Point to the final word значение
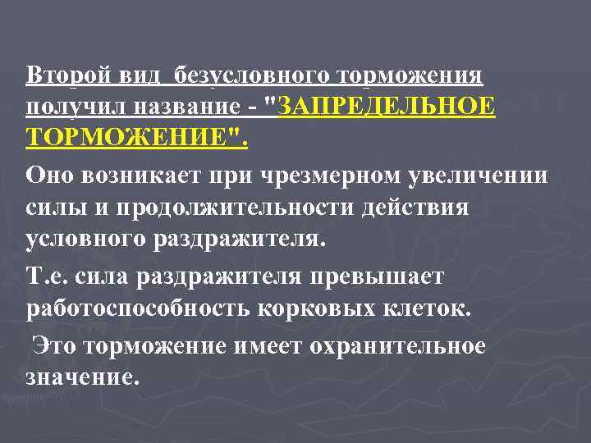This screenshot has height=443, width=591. pos(77,379)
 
